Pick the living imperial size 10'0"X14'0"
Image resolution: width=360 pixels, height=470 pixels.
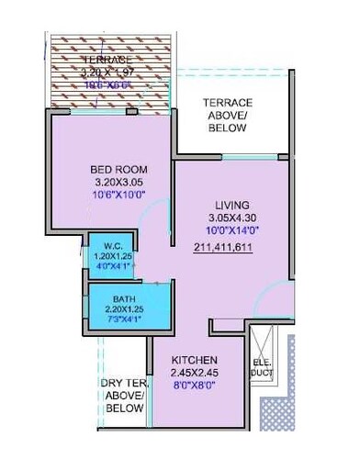coord(232,230)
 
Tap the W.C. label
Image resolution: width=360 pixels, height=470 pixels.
coord(111,245)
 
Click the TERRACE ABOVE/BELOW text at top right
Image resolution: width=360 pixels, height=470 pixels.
coord(226,116)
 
